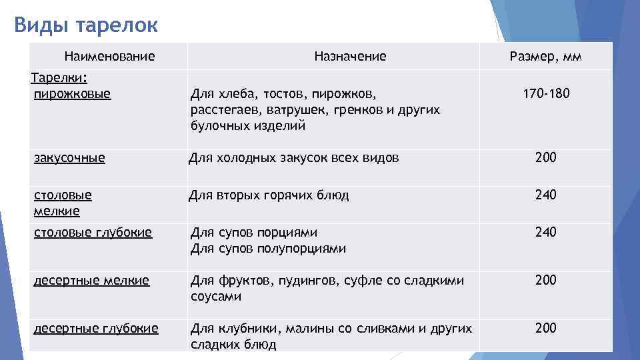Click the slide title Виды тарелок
pos(86,25)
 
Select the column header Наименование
pos(109,57)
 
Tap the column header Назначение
pos(350,57)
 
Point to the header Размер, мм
pos(545,57)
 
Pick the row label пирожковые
pos(73,93)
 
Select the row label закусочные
pos(70,158)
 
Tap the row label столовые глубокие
pos(93,233)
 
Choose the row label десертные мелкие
pos(91,281)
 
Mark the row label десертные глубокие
pos(96,328)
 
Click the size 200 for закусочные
pos(545,158)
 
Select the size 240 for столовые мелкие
pos(545,195)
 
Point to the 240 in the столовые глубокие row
pos(545,233)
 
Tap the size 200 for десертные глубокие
pos(545,328)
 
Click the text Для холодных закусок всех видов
pos(294,158)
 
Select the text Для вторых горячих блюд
pos(269,195)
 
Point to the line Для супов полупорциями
pos(269,249)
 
